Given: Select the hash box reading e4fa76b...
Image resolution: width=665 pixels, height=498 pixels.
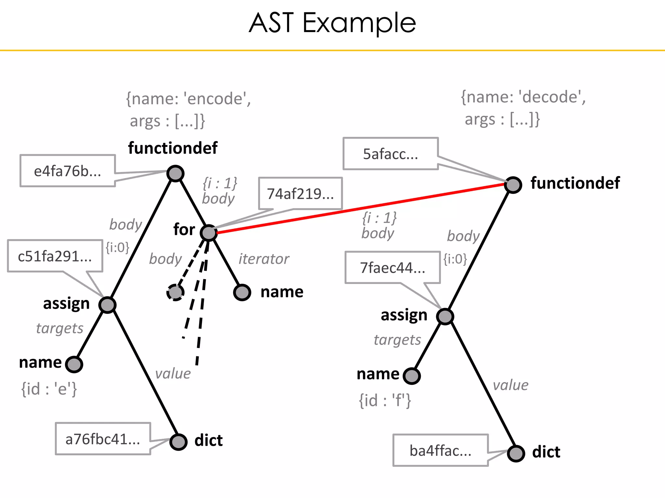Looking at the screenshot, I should (68, 171).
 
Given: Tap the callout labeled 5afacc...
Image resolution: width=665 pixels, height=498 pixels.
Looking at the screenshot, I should (391, 154).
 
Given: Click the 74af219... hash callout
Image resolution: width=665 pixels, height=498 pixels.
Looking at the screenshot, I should (300, 194).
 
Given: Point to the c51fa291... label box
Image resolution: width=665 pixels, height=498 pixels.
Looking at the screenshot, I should (55, 256).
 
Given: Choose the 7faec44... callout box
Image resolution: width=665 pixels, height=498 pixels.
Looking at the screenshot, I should (393, 267).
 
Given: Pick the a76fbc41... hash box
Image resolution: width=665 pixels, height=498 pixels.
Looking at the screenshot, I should (103, 439).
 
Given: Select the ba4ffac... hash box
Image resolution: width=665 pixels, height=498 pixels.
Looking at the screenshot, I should (440, 450).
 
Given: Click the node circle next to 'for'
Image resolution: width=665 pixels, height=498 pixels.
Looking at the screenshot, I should (209, 232).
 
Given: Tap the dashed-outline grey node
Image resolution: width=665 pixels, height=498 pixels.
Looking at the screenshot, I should (175, 292).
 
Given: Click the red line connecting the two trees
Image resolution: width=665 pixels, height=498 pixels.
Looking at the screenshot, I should (357, 208).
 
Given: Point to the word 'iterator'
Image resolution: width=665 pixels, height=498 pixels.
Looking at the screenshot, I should (264, 259).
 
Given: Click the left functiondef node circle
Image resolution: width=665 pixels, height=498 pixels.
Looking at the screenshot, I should (175, 173).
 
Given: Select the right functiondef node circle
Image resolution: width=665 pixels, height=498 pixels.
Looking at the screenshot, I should (513, 185).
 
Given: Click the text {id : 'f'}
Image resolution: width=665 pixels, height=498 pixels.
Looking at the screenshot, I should (385, 400).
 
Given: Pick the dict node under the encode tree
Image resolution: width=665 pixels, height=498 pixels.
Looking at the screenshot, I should (178, 442).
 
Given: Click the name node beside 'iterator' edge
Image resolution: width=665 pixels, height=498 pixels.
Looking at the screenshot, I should (242, 292).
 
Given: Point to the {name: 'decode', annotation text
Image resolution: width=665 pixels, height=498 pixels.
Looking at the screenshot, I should (523, 97).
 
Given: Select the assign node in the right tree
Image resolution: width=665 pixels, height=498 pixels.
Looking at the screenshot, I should (445, 316).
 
